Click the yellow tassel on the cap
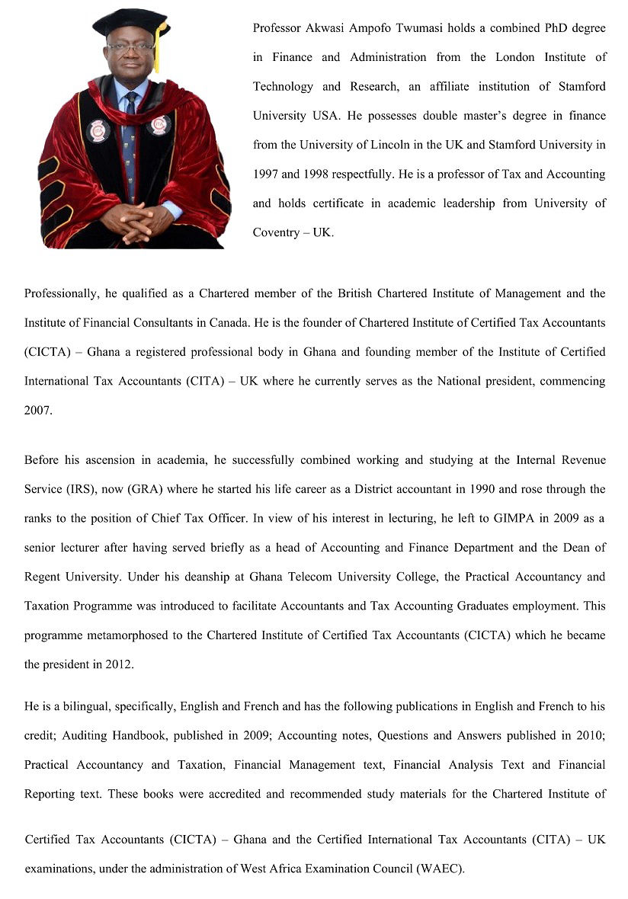click(159, 47)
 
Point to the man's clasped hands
click(138, 220)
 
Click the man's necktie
click(130, 137)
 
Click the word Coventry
click(277, 232)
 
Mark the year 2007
click(37, 410)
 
